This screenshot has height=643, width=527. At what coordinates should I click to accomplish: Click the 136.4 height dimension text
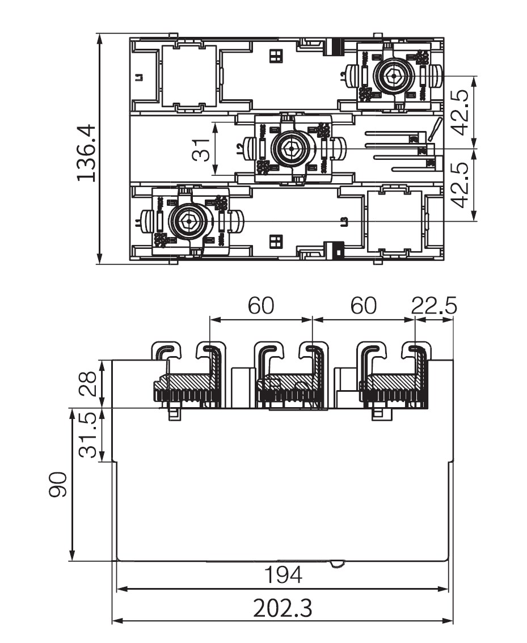(86, 153)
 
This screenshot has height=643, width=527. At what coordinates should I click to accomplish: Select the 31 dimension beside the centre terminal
(201, 149)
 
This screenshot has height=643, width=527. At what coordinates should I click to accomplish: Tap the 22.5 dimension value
(434, 306)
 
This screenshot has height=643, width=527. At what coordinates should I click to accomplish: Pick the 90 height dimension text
(58, 484)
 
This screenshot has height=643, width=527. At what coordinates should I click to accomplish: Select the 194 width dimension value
(284, 576)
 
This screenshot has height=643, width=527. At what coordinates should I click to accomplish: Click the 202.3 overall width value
(283, 608)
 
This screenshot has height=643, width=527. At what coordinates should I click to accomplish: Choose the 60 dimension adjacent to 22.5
(363, 306)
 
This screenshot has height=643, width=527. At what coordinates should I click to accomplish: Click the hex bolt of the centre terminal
(290, 149)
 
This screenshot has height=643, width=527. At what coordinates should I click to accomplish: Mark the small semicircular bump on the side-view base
(338, 564)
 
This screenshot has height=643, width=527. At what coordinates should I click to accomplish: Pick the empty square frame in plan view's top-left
(189, 76)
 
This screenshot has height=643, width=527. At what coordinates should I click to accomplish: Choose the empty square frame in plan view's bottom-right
(394, 221)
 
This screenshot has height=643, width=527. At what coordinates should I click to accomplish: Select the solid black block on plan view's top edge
(336, 46)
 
